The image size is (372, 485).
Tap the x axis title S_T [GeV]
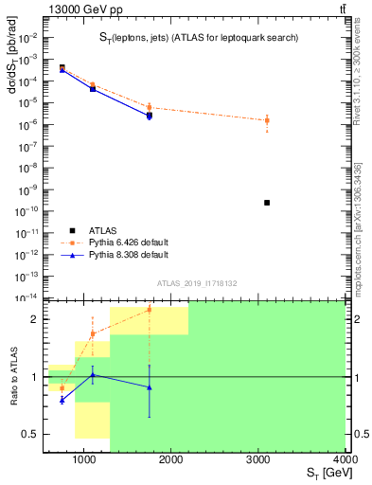325,474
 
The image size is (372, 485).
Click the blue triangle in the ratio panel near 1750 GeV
149,387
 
